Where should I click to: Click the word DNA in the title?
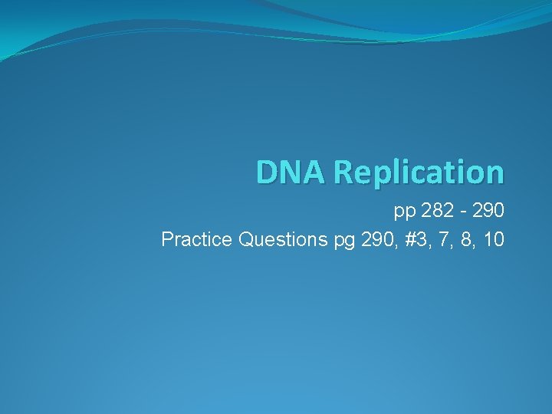pyautogui.click(x=291, y=172)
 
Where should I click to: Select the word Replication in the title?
pyautogui.click(x=419, y=173)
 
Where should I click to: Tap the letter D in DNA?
pyautogui.click(x=268, y=172)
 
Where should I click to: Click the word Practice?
pyautogui.click(x=197, y=240)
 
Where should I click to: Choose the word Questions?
pyautogui.click(x=283, y=240)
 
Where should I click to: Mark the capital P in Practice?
pyautogui.click(x=167, y=240)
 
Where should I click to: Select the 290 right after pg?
pyautogui.click(x=371, y=240)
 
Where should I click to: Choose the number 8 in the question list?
pyautogui.click(x=459, y=240)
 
